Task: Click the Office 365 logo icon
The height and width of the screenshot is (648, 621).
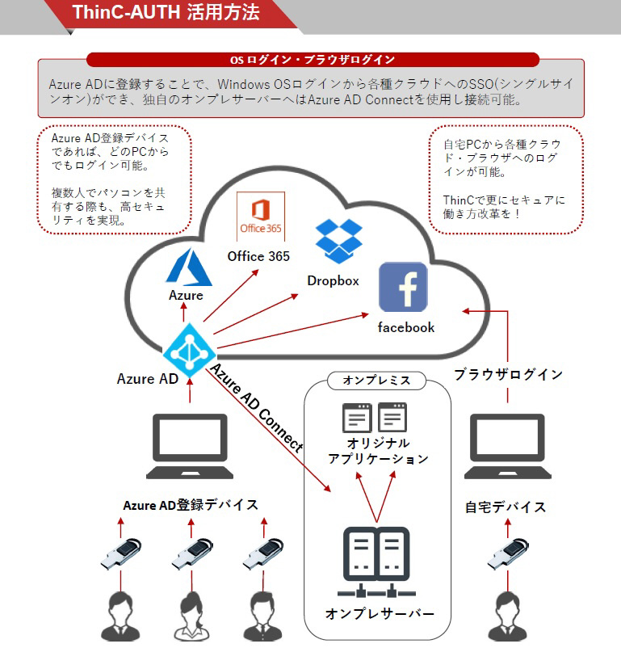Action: click(x=261, y=217)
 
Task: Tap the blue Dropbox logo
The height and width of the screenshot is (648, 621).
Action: click(x=339, y=241)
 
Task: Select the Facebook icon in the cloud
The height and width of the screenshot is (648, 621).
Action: click(x=403, y=287)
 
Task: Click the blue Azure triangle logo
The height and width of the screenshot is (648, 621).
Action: click(x=189, y=267)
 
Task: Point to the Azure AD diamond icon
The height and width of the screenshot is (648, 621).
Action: click(x=189, y=351)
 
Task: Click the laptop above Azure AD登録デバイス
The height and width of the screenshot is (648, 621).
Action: click(x=190, y=446)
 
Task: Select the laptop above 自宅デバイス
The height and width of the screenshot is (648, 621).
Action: click(x=507, y=446)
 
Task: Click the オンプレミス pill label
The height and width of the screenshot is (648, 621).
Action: click(x=376, y=381)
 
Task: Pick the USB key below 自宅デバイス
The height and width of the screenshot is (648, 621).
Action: click(x=508, y=553)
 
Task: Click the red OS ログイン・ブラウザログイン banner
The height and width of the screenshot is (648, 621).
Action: click(x=313, y=60)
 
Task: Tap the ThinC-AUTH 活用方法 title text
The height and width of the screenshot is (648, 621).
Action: click(x=166, y=12)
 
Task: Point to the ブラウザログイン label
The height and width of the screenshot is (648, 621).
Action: click(x=508, y=374)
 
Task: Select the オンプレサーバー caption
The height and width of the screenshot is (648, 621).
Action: click(x=380, y=613)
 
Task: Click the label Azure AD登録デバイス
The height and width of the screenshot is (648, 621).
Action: click(x=191, y=505)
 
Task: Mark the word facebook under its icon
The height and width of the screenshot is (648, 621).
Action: click(x=406, y=327)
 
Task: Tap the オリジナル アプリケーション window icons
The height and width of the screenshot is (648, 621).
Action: click(x=375, y=418)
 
